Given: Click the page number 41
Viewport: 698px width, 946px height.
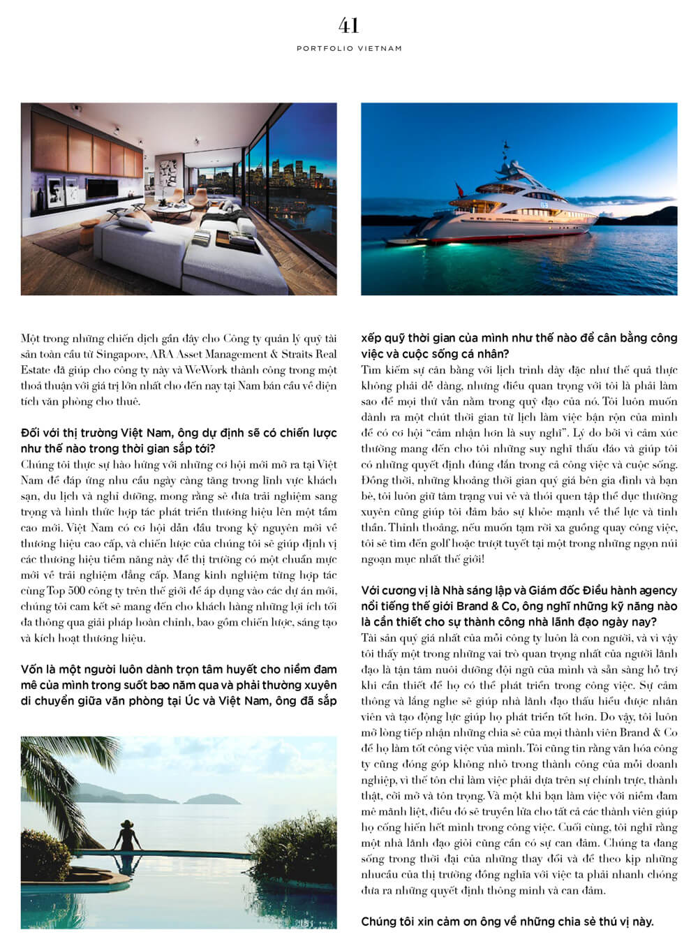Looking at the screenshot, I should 348,26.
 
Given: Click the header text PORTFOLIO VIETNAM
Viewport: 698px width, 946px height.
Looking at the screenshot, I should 349,49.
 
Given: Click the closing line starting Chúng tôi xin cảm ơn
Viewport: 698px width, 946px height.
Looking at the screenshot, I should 507,922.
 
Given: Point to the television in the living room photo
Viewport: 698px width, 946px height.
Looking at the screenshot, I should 105,189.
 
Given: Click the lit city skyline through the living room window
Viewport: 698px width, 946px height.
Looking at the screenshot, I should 293,175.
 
